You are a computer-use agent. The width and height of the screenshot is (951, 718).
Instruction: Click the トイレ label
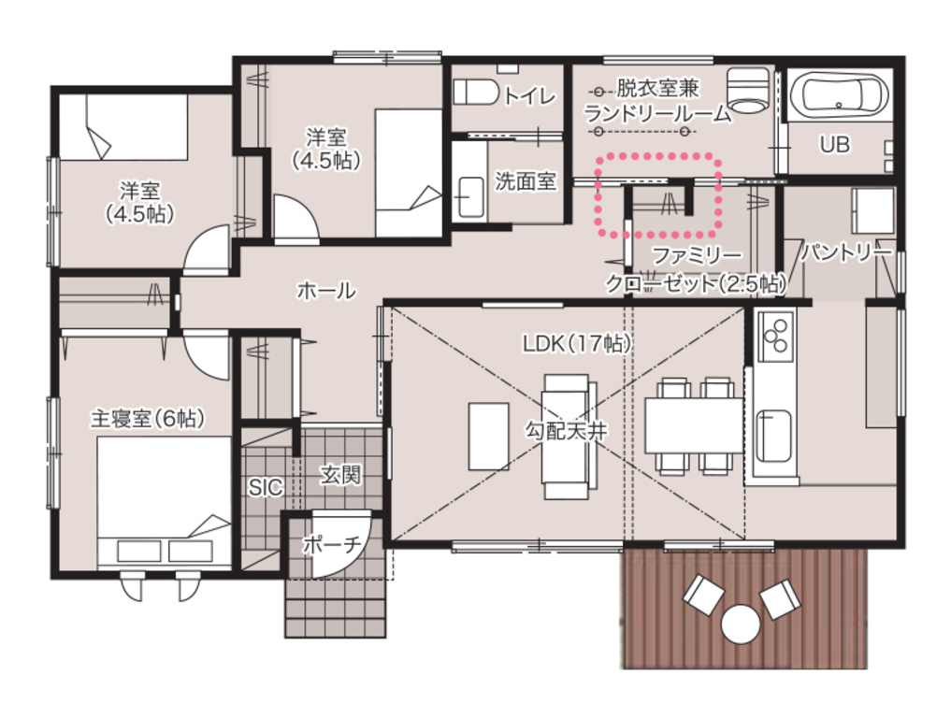529,95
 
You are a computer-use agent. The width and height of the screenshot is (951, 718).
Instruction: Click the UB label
834,144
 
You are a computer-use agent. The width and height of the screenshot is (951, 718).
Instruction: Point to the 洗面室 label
526,180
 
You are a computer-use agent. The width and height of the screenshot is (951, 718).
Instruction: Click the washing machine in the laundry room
747,90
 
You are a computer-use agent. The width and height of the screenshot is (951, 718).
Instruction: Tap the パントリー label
846,251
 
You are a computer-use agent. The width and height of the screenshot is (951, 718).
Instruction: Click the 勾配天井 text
566,431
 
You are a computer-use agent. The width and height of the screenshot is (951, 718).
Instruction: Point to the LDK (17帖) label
577,344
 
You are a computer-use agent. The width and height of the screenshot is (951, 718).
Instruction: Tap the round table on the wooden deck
740,624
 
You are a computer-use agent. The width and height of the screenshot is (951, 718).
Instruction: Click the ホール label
326,291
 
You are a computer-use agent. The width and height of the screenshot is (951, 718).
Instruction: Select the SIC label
266,486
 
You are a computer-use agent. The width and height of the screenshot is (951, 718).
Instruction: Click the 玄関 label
341,475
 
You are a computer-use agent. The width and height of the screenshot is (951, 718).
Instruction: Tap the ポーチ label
332,544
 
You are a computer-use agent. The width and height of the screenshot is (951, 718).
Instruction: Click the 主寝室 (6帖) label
147,418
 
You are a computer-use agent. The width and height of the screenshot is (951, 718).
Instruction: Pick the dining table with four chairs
694,425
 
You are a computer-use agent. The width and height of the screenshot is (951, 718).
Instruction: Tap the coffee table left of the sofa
488,437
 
